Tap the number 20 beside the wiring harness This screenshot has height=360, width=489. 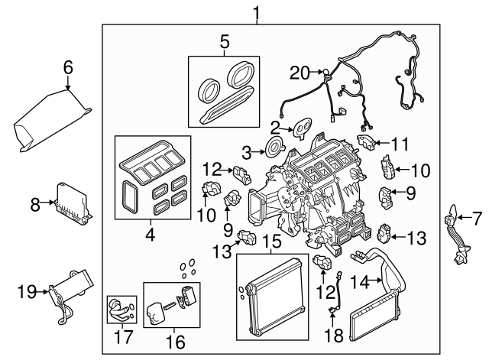tap(300, 73)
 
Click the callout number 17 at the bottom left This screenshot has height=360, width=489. tap(118, 339)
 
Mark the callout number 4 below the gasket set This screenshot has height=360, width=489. tap(150, 235)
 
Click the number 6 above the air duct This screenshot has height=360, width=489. tap(67, 68)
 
